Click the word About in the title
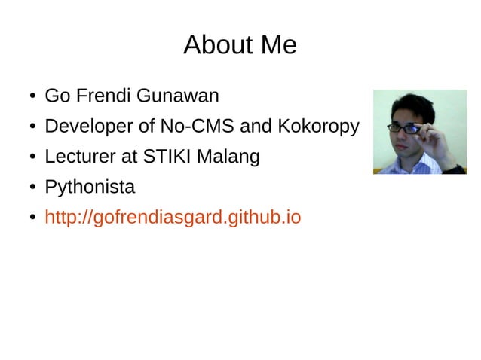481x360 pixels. (x=212, y=46)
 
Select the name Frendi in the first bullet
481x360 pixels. (x=96, y=96)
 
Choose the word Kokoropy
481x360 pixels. (x=317, y=127)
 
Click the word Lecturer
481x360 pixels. (x=78, y=157)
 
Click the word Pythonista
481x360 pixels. (x=90, y=188)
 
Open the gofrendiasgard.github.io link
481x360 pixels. (x=173, y=218)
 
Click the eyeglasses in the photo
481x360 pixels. (x=407, y=129)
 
